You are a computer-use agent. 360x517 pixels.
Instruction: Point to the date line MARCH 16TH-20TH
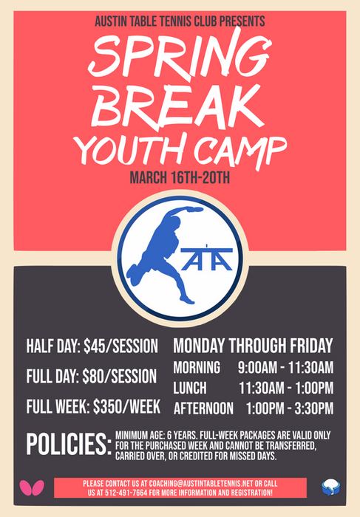tap(180, 177)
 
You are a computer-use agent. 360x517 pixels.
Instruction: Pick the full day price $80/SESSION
tap(120, 376)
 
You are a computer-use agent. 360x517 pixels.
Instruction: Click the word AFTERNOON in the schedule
tap(204, 408)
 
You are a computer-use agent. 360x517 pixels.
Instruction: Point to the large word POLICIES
tap(68, 445)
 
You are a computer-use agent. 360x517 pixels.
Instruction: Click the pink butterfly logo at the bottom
tap(33, 487)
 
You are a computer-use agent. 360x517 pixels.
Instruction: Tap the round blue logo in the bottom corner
tap(330, 487)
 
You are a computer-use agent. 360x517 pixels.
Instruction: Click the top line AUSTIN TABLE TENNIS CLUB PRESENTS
tap(180, 21)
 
